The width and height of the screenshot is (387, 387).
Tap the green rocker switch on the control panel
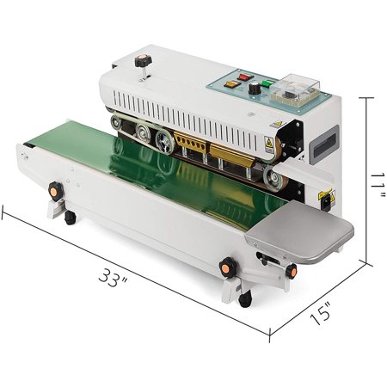tap(267, 84)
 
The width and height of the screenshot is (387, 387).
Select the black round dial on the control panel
tap(254, 88)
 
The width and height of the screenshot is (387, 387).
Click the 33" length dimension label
tap(113, 278)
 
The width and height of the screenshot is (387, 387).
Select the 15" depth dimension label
tap(322, 313)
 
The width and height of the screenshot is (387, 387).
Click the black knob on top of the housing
tap(143, 61)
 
